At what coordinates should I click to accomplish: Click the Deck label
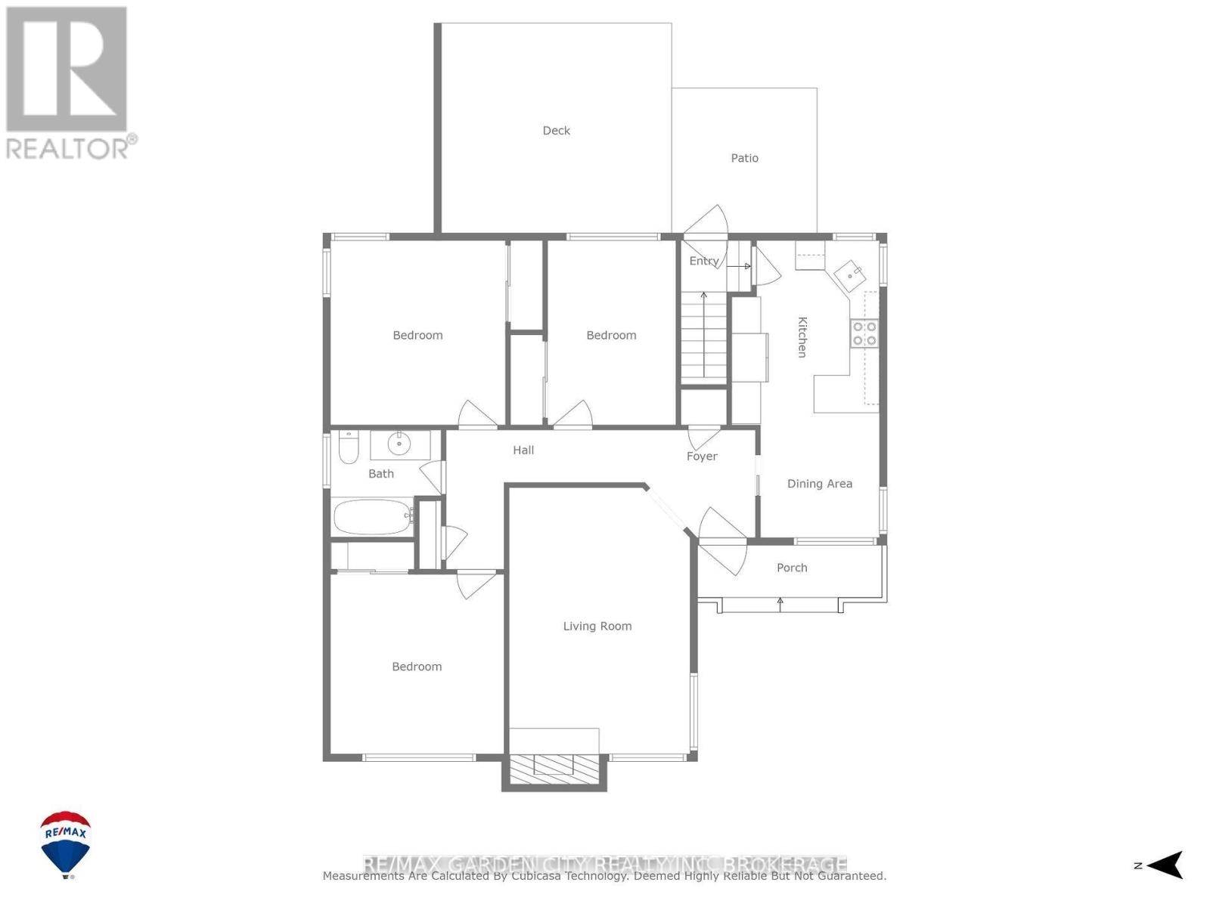point(556,131)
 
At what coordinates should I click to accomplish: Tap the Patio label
point(744,158)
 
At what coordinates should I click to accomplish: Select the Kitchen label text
point(802,337)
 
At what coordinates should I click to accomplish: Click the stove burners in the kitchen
point(864,333)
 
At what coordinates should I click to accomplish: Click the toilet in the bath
point(348,447)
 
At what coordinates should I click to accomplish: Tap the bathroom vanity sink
point(399,444)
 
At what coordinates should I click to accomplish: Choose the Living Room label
point(597,626)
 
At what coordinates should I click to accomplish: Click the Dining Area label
point(819,484)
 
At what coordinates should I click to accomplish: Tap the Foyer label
point(702,457)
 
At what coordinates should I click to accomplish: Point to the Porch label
point(792,568)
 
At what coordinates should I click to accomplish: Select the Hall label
point(523,450)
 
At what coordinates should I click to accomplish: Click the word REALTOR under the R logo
point(68,148)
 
